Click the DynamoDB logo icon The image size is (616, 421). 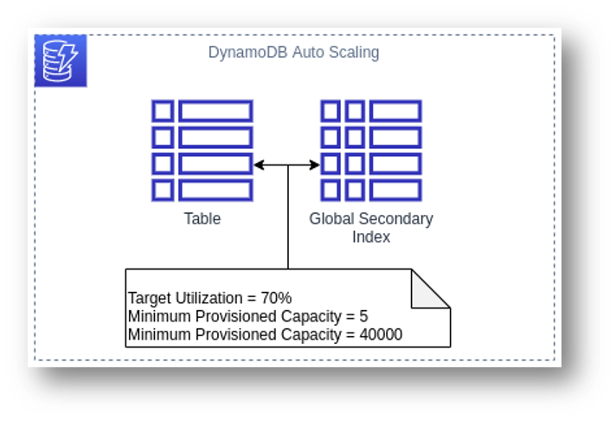tap(61, 61)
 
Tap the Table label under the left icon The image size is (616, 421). tap(202, 219)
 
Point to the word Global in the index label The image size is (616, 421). tap(332, 219)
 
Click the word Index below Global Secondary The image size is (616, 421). tap(371, 236)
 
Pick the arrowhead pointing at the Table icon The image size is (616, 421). tap(259, 165)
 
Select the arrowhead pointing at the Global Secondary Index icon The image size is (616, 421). tap(315, 165)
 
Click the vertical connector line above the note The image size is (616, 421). tap(288, 217)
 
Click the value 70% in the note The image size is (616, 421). tap(276, 298)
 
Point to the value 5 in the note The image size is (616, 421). tap(363, 316)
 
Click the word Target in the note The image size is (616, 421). tap(150, 298)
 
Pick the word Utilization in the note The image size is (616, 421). tap(209, 298)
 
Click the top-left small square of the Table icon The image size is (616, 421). tap(163, 111)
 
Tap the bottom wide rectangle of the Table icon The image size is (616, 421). tap(215, 190)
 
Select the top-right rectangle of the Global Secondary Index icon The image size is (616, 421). tap(395, 111)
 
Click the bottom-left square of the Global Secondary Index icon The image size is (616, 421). tap(330, 190)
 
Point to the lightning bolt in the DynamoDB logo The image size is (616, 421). tap(68, 57)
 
